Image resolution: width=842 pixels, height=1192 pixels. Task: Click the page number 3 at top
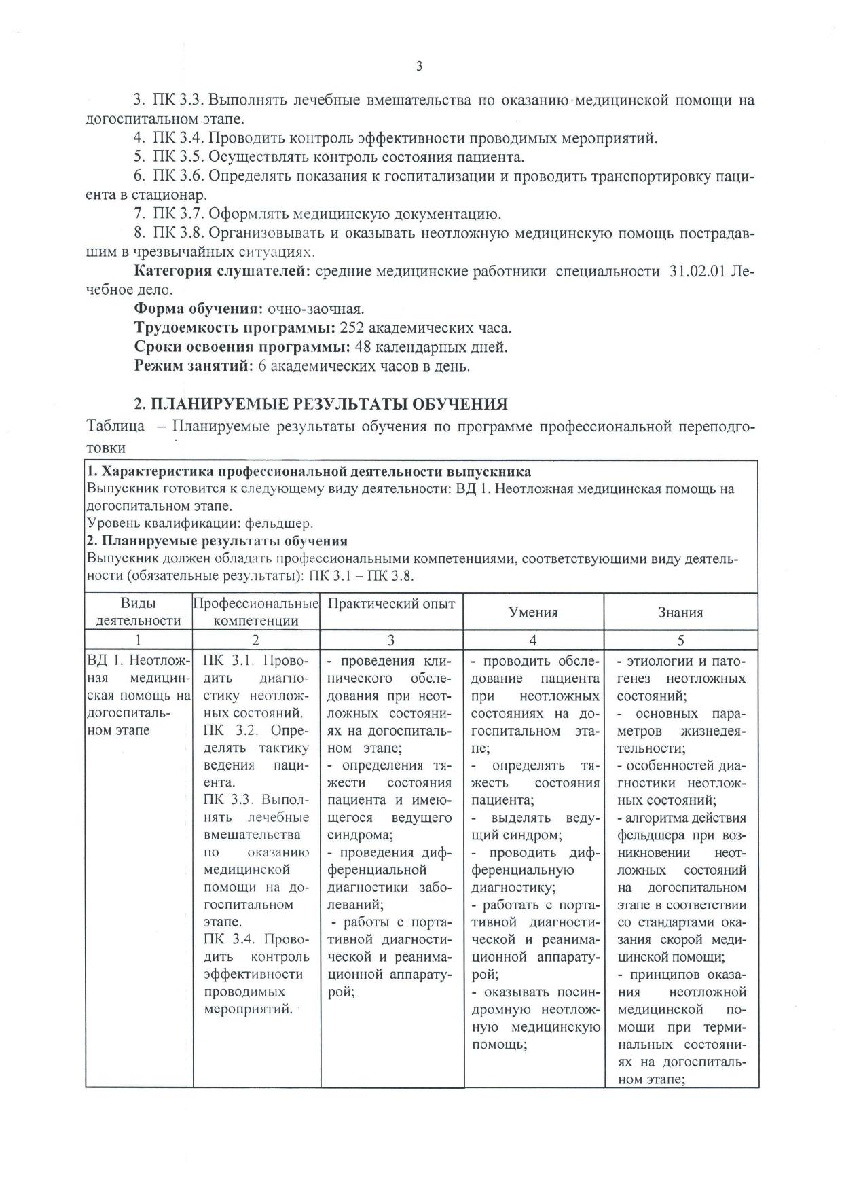419,66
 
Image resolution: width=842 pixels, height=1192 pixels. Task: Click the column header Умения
533,613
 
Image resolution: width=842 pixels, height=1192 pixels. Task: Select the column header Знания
680,613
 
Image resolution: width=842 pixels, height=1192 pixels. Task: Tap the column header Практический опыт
391,604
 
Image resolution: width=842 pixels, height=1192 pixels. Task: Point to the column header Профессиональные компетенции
256,612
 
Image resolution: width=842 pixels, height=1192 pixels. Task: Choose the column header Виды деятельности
139,612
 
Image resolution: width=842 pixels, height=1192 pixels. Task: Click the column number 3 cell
391,640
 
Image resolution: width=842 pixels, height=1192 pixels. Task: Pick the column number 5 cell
680,640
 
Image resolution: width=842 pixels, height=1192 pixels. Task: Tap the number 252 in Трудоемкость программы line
353,329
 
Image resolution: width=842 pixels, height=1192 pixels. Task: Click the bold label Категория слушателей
222,272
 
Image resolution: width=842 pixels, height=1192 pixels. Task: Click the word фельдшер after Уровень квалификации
283,524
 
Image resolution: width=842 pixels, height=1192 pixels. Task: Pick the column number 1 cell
139,640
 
